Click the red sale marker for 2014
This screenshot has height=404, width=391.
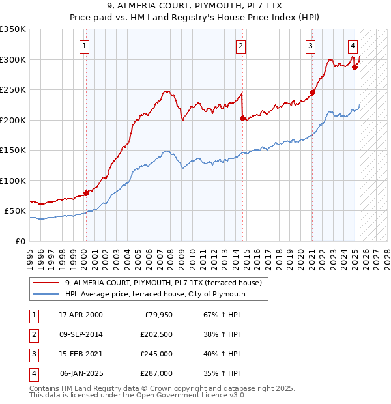[x=242, y=119]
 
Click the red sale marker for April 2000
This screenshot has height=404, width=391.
[x=86, y=193]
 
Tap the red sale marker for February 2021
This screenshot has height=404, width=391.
[x=312, y=93]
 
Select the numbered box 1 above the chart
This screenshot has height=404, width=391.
[x=85, y=46]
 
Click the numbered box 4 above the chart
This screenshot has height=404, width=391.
[x=353, y=46]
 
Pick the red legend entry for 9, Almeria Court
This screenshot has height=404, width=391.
[x=163, y=283]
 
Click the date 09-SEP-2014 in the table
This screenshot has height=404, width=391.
[x=81, y=334]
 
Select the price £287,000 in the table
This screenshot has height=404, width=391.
[x=156, y=373]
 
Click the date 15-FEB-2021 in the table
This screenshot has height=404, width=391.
[x=81, y=354]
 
